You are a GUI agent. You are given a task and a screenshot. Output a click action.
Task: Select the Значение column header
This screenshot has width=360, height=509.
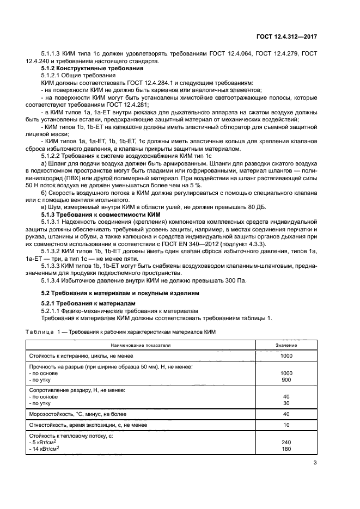(286, 345)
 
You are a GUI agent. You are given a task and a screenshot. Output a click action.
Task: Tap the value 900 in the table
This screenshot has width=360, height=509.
(286, 379)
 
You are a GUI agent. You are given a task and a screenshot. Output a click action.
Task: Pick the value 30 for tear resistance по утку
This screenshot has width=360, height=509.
(286, 403)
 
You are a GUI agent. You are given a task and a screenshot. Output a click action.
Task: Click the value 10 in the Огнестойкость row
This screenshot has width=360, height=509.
(286, 425)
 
